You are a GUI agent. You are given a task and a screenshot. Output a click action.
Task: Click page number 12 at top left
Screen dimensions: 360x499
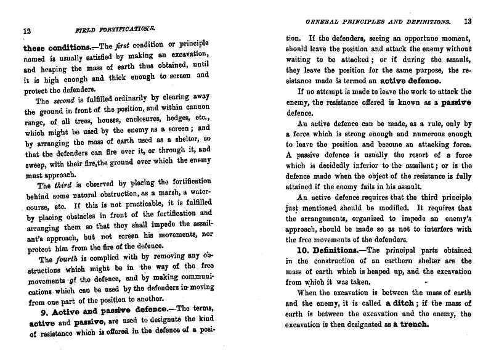click(x=27, y=30)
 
